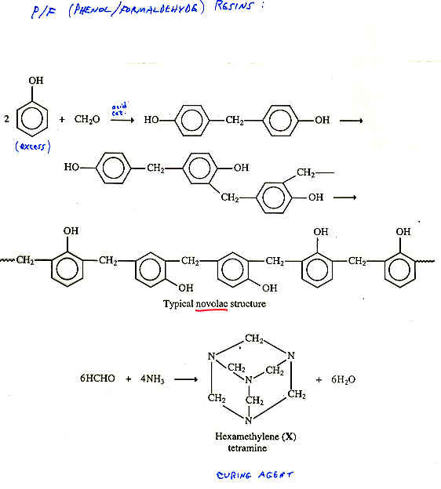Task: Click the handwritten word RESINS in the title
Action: coord(233,7)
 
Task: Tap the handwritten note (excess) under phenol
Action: coord(33,147)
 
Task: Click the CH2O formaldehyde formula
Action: coord(87,119)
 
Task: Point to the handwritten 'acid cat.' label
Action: coord(119,109)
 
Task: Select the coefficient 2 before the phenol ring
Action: coord(6,118)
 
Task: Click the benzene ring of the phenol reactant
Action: coord(32,119)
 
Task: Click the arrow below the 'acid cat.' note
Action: coord(122,120)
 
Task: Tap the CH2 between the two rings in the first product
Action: coord(235,120)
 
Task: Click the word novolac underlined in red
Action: coord(211,303)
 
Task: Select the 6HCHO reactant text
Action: coord(97,379)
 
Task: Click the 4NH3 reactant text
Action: coord(152,379)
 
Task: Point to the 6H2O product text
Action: coord(343,379)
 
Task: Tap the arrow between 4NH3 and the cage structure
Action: coord(186,379)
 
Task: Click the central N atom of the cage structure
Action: coord(249,380)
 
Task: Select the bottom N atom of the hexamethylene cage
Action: coord(249,420)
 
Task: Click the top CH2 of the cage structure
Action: coord(254,339)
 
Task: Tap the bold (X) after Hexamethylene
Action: coord(289,436)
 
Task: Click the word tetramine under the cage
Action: coord(247,448)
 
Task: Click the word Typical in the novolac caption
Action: coord(178,304)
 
